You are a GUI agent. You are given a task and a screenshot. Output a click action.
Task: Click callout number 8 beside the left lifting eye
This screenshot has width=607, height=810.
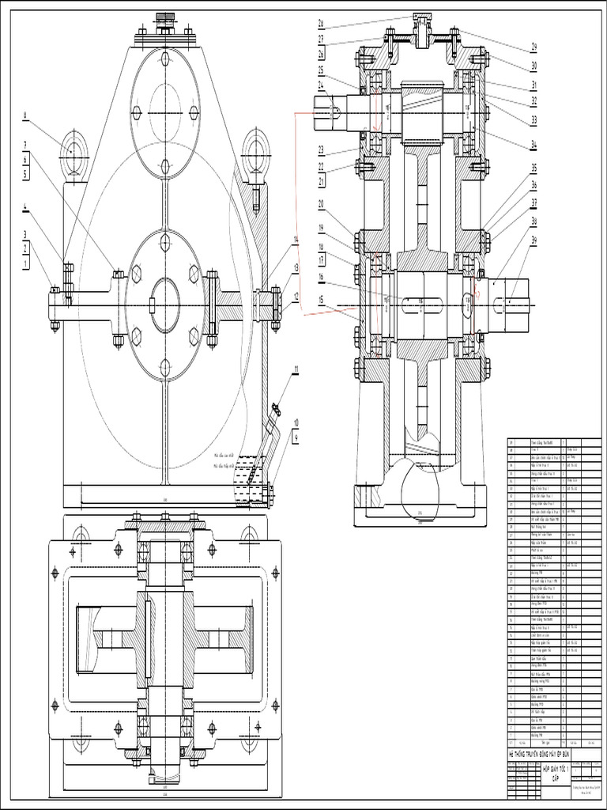[x=25, y=115]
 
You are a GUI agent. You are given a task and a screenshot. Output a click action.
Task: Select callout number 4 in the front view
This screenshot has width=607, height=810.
[x=25, y=209]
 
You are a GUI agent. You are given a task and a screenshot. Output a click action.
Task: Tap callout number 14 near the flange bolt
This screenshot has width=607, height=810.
[x=296, y=239]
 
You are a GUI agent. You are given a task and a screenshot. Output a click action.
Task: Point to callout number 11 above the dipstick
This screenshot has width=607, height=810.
[x=296, y=369]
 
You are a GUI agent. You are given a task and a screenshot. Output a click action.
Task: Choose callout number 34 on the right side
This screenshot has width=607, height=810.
[x=534, y=144]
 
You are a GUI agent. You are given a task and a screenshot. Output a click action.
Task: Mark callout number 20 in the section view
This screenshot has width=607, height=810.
[x=322, y=203]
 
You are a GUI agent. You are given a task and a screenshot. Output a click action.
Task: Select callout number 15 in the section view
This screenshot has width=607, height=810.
[x=322, y=300]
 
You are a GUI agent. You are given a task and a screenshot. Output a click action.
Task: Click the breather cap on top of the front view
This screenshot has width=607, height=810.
[x=165, y=18]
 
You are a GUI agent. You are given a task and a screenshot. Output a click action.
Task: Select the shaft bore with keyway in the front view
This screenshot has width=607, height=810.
[x=165, y=305]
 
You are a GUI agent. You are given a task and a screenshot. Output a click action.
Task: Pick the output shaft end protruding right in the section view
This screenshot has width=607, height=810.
[x=514, y=301]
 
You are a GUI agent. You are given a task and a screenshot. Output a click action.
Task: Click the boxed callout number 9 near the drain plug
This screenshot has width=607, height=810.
[x=296, y=437]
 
